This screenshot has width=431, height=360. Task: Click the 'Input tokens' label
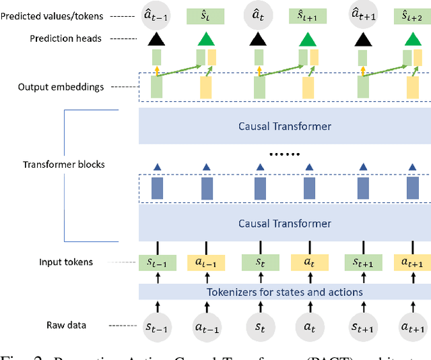click(66, 262)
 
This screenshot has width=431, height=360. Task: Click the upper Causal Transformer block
click(284, 126)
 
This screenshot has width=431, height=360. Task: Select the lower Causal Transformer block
click(284, 223)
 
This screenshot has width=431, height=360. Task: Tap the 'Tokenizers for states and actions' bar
click(284, 292)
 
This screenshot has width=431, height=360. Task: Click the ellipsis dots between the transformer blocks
click(284, 154)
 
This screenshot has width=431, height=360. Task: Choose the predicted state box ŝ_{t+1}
click(309, 14)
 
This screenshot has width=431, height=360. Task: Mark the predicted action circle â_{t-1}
click(156, 15)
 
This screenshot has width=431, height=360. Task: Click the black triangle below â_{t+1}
click(360, 40)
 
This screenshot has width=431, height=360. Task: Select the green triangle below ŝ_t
click(206, 40)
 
